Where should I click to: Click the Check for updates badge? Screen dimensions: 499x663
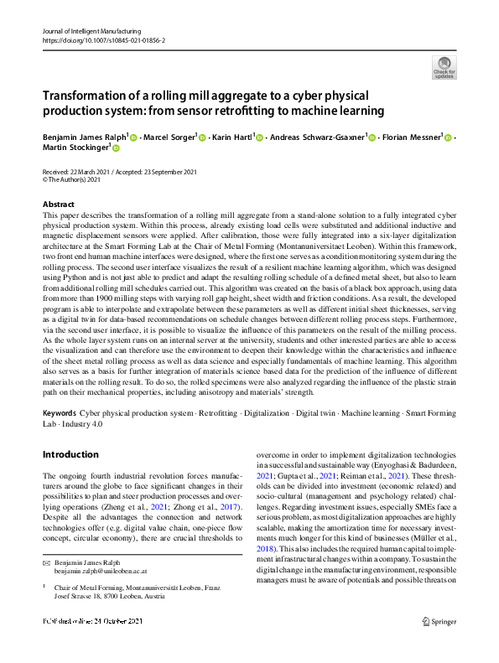444,67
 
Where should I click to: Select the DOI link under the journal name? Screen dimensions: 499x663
103,39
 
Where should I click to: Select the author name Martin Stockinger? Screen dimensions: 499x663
75,148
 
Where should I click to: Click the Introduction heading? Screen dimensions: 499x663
70,454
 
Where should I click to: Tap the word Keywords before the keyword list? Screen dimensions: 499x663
60,414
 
